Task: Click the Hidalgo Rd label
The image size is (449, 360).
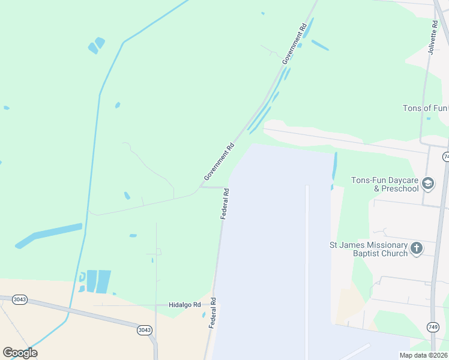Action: (184, 305)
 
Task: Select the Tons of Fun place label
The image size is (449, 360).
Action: (425, 109)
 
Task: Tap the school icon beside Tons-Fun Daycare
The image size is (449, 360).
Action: (428, 183)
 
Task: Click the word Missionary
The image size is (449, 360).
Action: (376, 245)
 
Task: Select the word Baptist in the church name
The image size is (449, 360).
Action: (364, 253)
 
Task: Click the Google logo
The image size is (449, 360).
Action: (20, 353)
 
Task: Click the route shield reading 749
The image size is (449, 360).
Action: (433, 326)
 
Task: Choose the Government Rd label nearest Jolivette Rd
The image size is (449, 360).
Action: (295, 43)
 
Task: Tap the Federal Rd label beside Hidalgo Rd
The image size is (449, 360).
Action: (212, 312)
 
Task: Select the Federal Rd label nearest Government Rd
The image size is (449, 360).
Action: (224, 204)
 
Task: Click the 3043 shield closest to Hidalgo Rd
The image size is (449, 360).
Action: (144, 330)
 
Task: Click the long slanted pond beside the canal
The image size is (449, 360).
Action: (49, 235)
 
